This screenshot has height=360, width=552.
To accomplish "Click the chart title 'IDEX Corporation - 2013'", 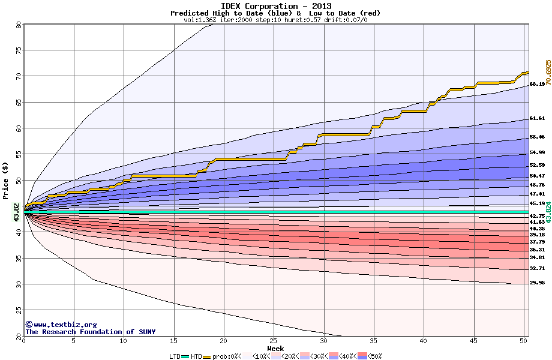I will tap(275, 5).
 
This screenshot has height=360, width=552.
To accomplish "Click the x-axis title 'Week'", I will tap(275, 348).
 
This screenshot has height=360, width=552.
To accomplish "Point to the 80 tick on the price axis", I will tap(19, 25).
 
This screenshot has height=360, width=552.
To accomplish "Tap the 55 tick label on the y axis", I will tap(19, 154).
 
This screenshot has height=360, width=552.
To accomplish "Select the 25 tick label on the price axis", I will tap(19, 310).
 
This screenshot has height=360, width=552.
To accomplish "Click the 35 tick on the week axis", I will tap(373, 341).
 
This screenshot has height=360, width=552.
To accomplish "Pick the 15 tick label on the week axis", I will tap(173, 341).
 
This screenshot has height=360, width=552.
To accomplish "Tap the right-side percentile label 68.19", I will tap(536, 85).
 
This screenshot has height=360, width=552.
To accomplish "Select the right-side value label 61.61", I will tap(536, 119).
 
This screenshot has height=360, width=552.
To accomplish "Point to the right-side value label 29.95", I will tap(536, 283).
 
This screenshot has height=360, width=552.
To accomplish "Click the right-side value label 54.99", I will tap(536, 153).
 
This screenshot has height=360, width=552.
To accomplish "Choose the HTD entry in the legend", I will tap(196, 356).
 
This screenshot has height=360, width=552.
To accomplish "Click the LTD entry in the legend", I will tap(175, 356).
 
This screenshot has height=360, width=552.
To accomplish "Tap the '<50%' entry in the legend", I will tap(373, 356).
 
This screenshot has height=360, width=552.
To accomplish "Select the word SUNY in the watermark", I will tap(146, 332).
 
